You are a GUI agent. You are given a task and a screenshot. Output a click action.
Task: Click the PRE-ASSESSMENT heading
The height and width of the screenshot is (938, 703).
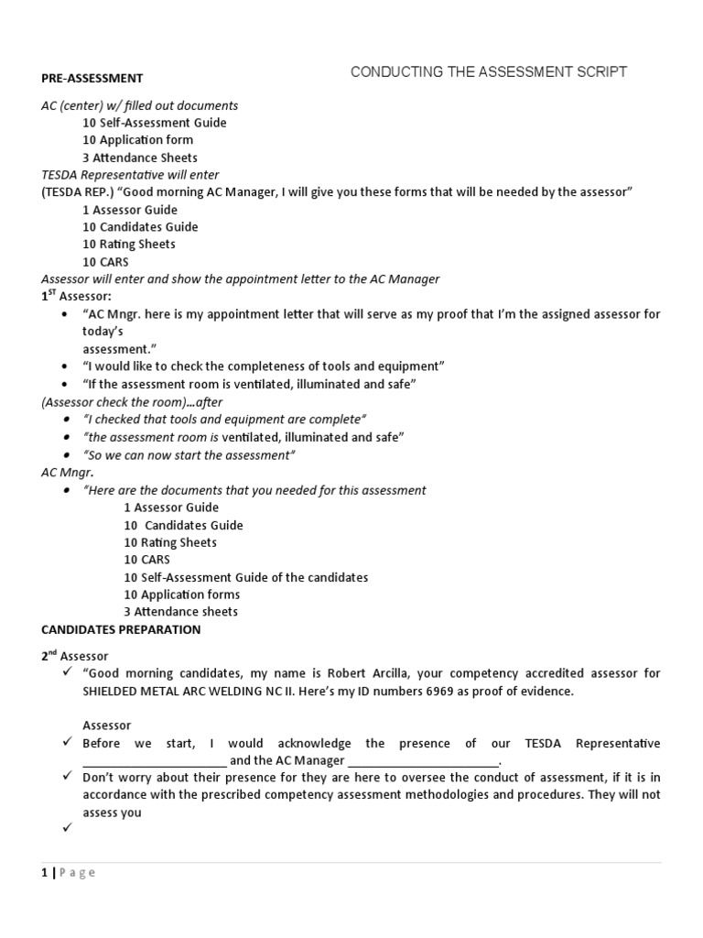tap(92, 78)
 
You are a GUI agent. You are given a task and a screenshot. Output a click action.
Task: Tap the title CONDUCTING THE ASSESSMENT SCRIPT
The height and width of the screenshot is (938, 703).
tap(489, 72)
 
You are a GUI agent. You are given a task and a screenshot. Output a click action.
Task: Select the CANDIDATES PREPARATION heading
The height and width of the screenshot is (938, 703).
tap(121, 629)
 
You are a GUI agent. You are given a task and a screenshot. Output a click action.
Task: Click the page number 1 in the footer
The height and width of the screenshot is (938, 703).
tap(45, 873)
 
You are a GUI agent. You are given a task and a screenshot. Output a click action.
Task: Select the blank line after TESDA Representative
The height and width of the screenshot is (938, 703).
tap(154, 761)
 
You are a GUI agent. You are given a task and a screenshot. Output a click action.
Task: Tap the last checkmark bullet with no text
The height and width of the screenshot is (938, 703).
tap(67, 829)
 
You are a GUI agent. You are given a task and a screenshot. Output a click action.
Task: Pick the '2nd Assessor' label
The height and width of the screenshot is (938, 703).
tap(75, 656)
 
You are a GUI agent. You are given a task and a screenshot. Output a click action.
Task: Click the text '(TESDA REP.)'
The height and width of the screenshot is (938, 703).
tap(77, 191)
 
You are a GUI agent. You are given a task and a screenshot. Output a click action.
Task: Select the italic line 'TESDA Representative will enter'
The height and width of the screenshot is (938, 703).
tap(130, 174)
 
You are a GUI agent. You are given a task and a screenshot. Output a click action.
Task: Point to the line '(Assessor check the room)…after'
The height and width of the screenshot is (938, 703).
tap(132, 401)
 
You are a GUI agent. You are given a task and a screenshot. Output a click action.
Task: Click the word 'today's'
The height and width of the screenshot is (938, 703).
tap(103, 332)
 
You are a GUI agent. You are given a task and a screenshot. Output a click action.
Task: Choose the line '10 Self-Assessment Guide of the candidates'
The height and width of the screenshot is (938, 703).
tap(245, 577)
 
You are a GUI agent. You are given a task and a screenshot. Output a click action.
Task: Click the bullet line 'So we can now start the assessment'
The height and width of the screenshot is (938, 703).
tap(189, 455)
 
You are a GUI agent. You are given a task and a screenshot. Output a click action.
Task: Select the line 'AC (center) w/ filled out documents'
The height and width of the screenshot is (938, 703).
tap(139, 105)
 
